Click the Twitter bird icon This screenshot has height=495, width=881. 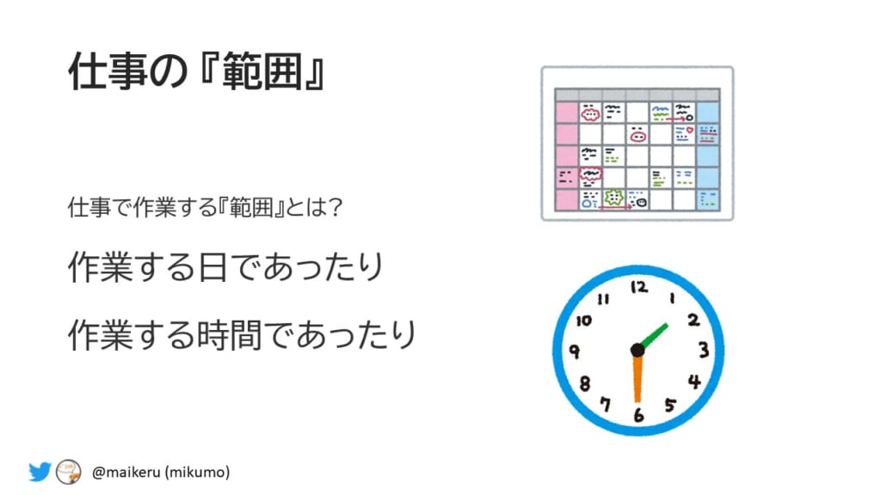(40, 472)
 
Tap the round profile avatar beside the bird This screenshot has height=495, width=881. (69, 472)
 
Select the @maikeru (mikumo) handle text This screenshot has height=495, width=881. (161, 472)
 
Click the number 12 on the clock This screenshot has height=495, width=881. (639, 287)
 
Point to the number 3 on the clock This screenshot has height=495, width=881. (704, 351)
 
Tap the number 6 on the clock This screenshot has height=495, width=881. (638, 415)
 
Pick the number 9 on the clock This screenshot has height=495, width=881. (574, 351)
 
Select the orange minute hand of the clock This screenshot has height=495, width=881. (638, 378)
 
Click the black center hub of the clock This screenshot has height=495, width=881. (638, 351)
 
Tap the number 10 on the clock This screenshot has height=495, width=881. (584, 321)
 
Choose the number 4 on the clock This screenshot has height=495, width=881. (695, 382)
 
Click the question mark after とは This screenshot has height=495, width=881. (336, 207)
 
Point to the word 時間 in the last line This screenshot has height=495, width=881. (230, 335)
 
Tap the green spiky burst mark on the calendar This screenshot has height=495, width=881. (613, 198)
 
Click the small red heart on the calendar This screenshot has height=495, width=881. (690, 130)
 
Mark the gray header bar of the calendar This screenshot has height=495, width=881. (638, 95)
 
